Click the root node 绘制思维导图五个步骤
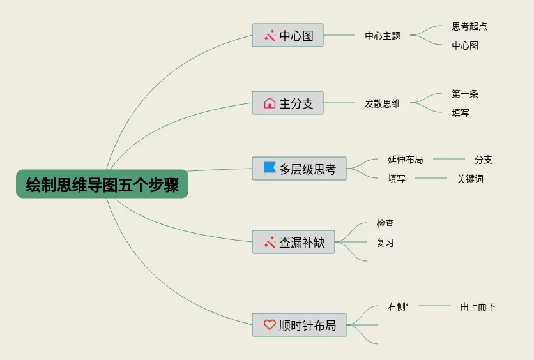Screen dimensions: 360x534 [102, 184]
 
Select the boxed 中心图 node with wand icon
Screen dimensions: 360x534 [287, 36]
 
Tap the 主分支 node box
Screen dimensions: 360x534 [287, 103]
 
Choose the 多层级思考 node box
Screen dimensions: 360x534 [299, 169]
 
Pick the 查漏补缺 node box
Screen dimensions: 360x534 [293, 243]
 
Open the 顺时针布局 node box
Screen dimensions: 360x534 [299, 325]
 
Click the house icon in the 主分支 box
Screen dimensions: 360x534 [270, 103]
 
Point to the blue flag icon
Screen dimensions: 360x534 [270, 169]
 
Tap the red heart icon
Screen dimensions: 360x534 [270, 325]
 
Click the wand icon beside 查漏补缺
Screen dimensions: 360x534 [270, 243]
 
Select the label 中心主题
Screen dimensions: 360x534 [383, 36]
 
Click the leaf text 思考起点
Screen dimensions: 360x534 [469, 26]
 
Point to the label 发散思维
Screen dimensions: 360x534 [383, 103]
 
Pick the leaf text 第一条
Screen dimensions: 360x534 [465, 94]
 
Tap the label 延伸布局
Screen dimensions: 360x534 [405, 160]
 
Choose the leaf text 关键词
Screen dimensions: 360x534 [470, 179]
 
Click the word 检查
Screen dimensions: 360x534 [385, 223]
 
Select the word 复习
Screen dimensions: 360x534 [385, 243]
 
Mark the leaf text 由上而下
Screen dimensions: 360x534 [478, 306]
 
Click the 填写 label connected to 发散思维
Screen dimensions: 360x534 [461, 113]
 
